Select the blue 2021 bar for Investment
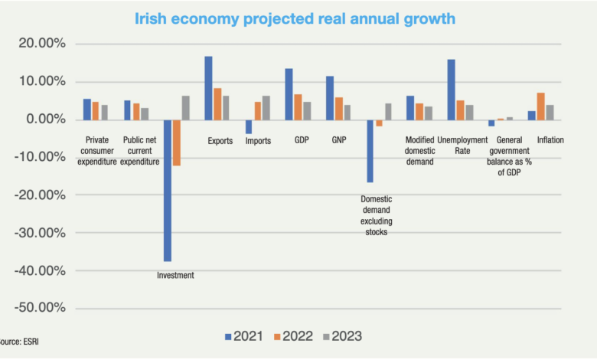[x=168, y=191]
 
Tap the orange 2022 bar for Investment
[x=176, y=142]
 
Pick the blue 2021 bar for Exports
[x=208, y=88]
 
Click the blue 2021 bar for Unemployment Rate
[x=452, y=90]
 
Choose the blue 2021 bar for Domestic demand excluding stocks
[x=370, y=151]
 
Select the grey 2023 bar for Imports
[x=266, y=108]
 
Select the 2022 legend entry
[x=294, y=335]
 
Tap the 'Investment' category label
[x=175, y=276]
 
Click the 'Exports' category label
[x=220, y=141]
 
